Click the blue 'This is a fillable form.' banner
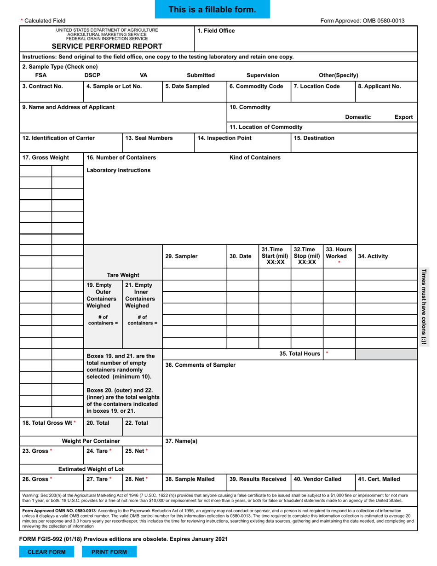(212, 10)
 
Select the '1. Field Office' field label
(216, 31)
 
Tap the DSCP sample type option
(92, 75)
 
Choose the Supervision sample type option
(263, 75)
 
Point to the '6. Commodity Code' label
(256, 86)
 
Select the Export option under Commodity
(403, 117)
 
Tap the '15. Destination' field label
(314, 138)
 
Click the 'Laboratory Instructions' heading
(119, 170)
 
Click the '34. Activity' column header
(373, 256)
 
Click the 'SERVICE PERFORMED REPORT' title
(107, 46)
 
